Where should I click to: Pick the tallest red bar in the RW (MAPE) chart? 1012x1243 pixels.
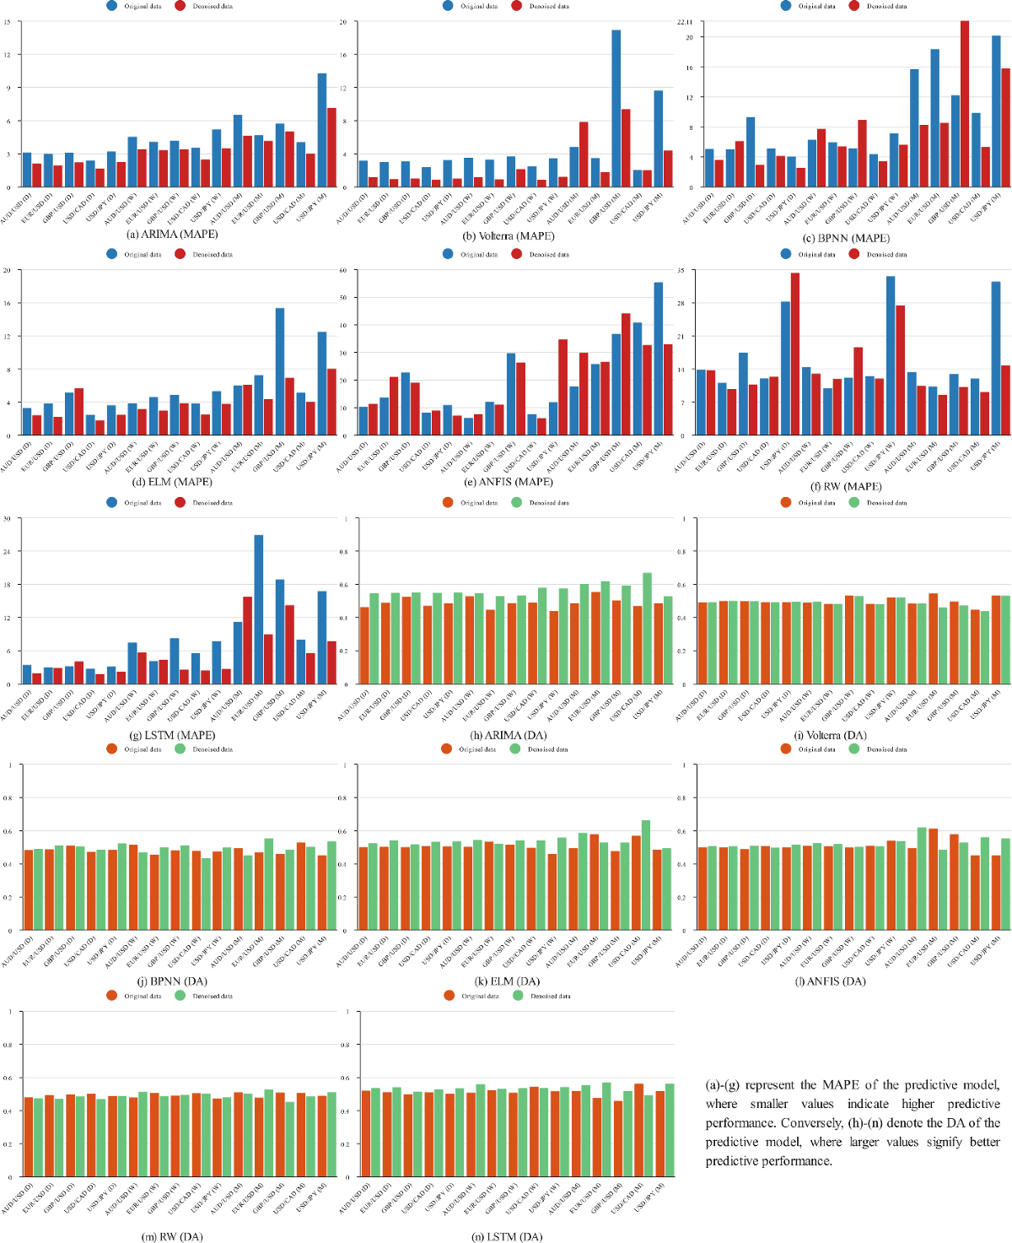[794, 354]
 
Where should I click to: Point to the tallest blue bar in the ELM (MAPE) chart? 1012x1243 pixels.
[279, 371]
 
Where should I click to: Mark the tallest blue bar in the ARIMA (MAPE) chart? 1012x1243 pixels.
[321, 130]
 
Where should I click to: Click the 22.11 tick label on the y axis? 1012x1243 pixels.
[685, 22]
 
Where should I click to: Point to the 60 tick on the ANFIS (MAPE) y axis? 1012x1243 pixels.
[343, 271]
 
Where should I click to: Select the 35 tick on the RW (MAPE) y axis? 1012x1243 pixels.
[681, 271]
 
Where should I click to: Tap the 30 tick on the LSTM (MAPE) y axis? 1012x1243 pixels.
[8, 519]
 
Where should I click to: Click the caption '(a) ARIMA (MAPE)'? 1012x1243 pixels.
[172, 235]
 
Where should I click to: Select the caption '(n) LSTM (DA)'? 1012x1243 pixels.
[507, 1236]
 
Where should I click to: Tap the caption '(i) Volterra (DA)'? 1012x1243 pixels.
[831, 735]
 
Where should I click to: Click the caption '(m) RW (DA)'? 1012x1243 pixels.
[172, 1236]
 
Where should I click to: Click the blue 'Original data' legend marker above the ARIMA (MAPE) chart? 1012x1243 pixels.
[112, 6]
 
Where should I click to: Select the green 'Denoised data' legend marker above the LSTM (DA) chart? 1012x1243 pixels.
[518, 996]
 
